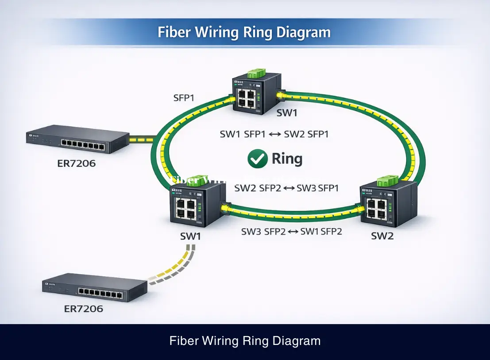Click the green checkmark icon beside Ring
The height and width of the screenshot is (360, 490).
[257, 159]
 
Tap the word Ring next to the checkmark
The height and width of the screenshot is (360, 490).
[287, 159]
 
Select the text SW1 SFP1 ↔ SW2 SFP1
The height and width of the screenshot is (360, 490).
[274, 134]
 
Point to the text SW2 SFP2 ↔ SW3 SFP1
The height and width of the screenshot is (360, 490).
[286, 188]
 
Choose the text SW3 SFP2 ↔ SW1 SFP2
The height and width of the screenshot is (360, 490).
[291, 231]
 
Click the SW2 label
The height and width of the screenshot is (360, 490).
[382, 236]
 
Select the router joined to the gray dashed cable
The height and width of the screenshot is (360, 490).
[94, 288]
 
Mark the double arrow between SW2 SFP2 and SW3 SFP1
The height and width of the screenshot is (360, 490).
[288, 188]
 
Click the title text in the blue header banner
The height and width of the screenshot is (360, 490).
[244, 32]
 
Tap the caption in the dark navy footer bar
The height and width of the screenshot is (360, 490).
[245, 341]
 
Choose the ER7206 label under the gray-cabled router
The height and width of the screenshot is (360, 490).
[84, 309]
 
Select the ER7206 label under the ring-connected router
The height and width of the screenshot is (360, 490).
[76, 163]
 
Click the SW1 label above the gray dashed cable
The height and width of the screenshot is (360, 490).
[191, 236]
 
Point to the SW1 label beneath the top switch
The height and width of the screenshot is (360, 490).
[287, 113]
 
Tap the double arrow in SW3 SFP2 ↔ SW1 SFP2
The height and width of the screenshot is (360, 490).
[293, 232]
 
